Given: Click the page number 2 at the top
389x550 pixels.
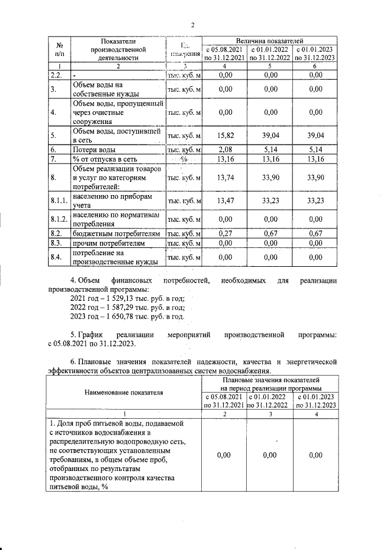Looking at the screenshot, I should point(193,25).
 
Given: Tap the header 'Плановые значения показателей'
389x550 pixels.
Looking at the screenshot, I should point(269,379).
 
